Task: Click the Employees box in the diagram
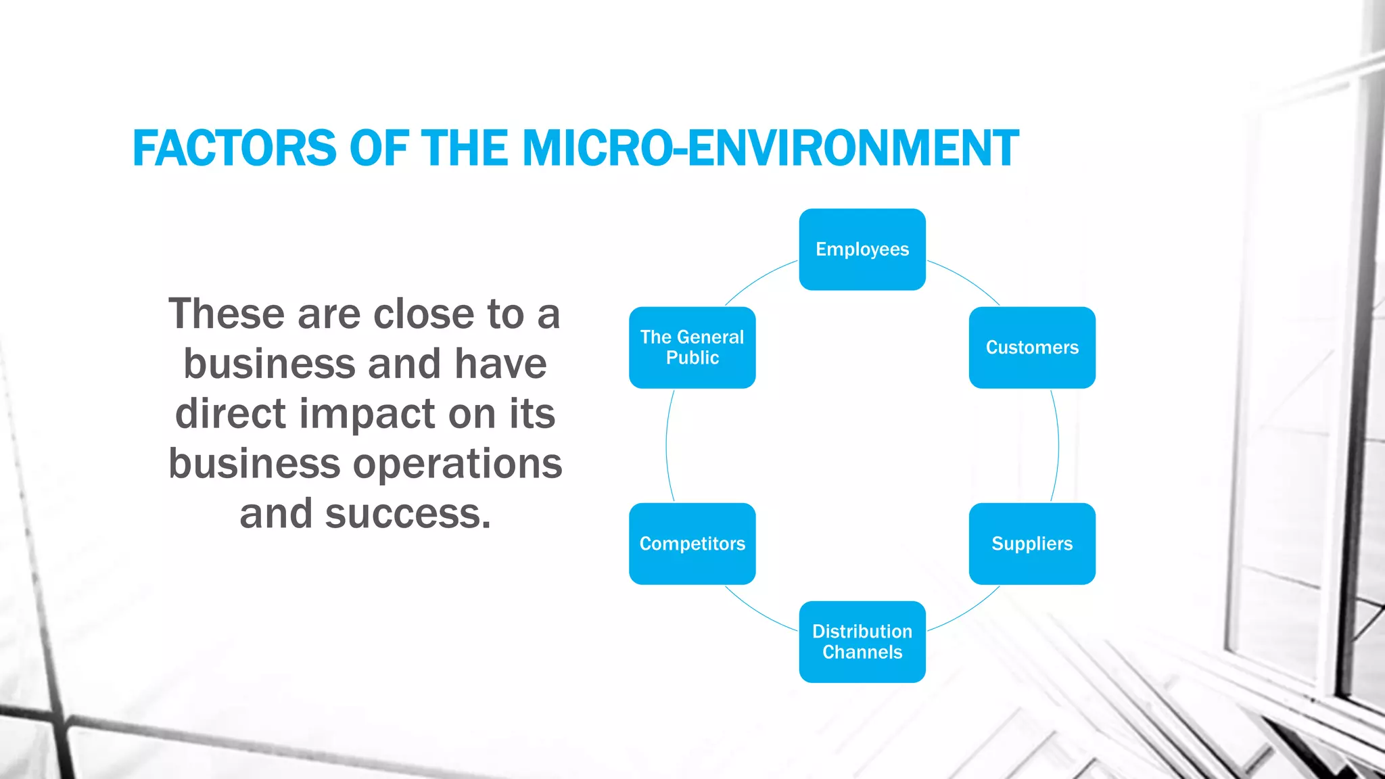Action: tap(862, 250)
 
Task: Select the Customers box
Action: tap(1032, 348)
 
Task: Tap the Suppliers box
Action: tap(1032, 544)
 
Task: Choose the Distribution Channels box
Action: tap(862, 642)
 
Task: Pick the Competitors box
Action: tap(692, 544)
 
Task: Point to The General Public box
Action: tap(692, 348)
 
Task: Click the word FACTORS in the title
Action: tap(234, 148)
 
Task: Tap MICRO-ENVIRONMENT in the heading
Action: tap(770, 148)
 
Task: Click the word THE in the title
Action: tap(465, 148)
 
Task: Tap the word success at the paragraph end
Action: tap(408, 514)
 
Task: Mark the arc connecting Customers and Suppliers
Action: tap(1058, 446)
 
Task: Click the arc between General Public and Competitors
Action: tap(666, 446)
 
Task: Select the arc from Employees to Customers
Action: tap(967, 279)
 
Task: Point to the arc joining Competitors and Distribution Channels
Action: tap(757, 612)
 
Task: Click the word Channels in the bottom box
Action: tap(862, 653)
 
